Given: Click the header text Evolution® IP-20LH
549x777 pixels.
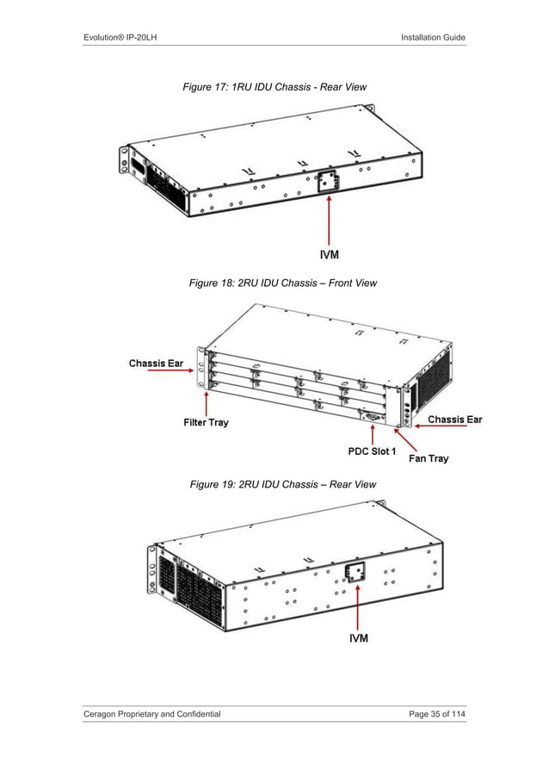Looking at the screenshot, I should pos(120,36).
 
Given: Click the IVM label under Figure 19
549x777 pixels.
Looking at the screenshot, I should pos(358,638).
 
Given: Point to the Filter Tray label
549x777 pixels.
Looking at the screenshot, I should pos(206,423).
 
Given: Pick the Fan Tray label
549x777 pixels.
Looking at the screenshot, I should pos(428,458).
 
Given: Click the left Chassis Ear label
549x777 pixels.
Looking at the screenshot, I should pos(162,363).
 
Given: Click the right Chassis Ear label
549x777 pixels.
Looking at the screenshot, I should pos(455,420).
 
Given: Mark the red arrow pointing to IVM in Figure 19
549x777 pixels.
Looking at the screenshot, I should pos(357,603).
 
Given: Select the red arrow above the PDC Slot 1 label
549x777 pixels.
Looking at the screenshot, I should pos(372,431).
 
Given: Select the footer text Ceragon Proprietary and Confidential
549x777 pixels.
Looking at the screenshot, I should pos(151,714).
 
